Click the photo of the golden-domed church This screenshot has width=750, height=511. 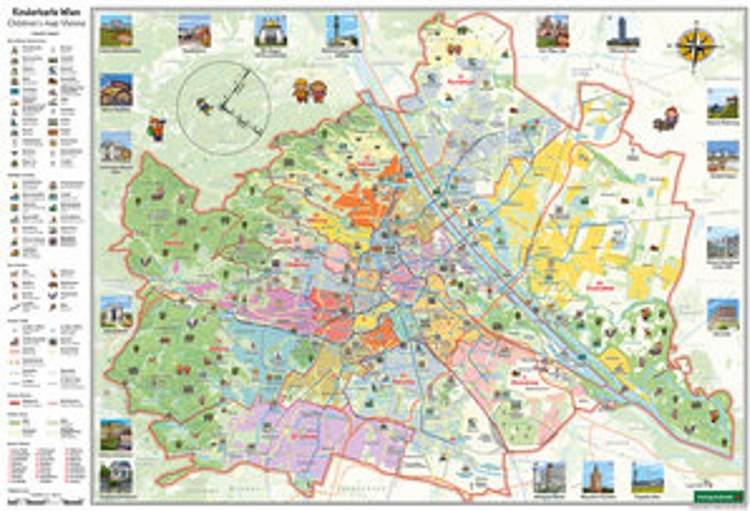(x=270, y=31)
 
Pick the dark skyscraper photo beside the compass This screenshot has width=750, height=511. (x=623, y=31)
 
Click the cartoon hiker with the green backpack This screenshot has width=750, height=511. (x=157, y=128)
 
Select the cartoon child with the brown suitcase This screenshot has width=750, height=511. (x=667, y=119)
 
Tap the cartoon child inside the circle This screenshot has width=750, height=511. (x=204, y=106)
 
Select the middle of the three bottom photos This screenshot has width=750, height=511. (x=598, y=477)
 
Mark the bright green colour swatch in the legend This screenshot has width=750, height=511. (x=14, y=421)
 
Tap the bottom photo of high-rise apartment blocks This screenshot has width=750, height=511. (x=549, y=477)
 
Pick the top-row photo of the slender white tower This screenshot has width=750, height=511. (x=341, y=31)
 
